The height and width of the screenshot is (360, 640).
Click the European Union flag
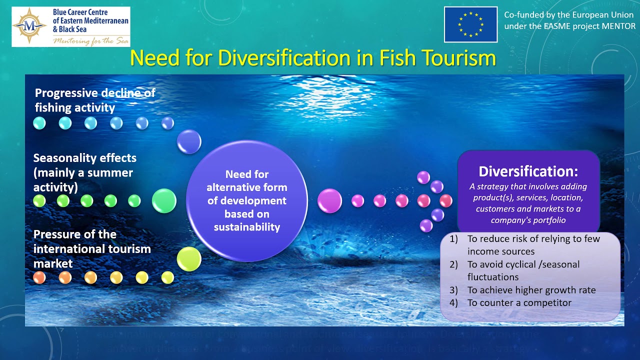470,24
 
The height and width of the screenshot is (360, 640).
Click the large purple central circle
246,200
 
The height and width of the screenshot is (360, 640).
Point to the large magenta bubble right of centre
329,200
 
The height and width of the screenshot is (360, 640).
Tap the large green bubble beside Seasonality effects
164,201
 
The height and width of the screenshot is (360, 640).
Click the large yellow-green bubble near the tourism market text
189,259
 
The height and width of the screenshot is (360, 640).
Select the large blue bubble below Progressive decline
189,141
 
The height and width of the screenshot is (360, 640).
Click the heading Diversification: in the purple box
528,171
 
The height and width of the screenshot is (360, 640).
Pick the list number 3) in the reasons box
453,290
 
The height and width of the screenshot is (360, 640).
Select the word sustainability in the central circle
246,227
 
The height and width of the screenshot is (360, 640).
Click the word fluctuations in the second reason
493,277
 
